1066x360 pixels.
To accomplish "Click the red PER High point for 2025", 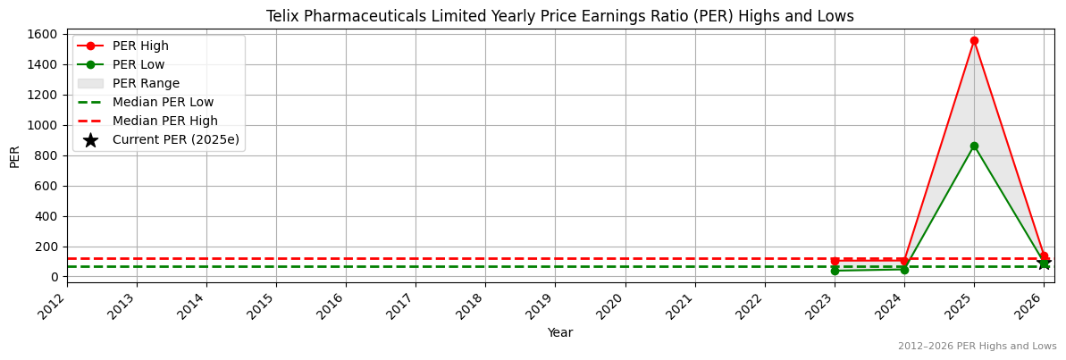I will [974, 40].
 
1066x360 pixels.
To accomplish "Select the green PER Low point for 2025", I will [974, 146].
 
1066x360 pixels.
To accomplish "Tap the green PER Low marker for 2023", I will [835, 271].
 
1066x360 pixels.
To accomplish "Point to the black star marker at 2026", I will [1044, 264].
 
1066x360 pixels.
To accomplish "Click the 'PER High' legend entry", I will [140, 46].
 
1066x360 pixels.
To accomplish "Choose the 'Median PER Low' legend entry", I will [163, 103].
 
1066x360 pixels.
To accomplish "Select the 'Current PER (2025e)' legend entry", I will [175, 140].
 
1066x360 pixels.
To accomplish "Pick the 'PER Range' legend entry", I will [146, 84].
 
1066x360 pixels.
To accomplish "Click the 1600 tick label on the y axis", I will [44, 34].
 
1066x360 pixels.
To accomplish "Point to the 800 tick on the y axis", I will [47, 155].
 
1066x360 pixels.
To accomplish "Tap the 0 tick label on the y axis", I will [55, 277].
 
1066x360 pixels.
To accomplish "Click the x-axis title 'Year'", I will [560, 333].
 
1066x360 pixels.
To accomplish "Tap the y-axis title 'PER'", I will [15, 155].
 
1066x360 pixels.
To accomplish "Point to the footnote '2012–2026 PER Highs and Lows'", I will [977, 347].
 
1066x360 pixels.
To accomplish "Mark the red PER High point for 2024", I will [904, 261].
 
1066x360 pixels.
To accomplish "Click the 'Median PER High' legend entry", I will [164, 121].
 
